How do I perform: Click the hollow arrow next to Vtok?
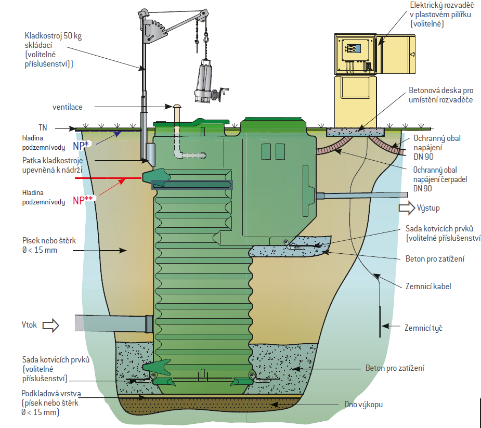50,326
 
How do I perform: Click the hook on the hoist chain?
206,37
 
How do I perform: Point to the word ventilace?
67,107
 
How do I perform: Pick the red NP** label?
82,200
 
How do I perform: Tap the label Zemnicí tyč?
423,328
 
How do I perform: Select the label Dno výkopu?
363,403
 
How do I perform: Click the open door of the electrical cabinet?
396,55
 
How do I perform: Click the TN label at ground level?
43,127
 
